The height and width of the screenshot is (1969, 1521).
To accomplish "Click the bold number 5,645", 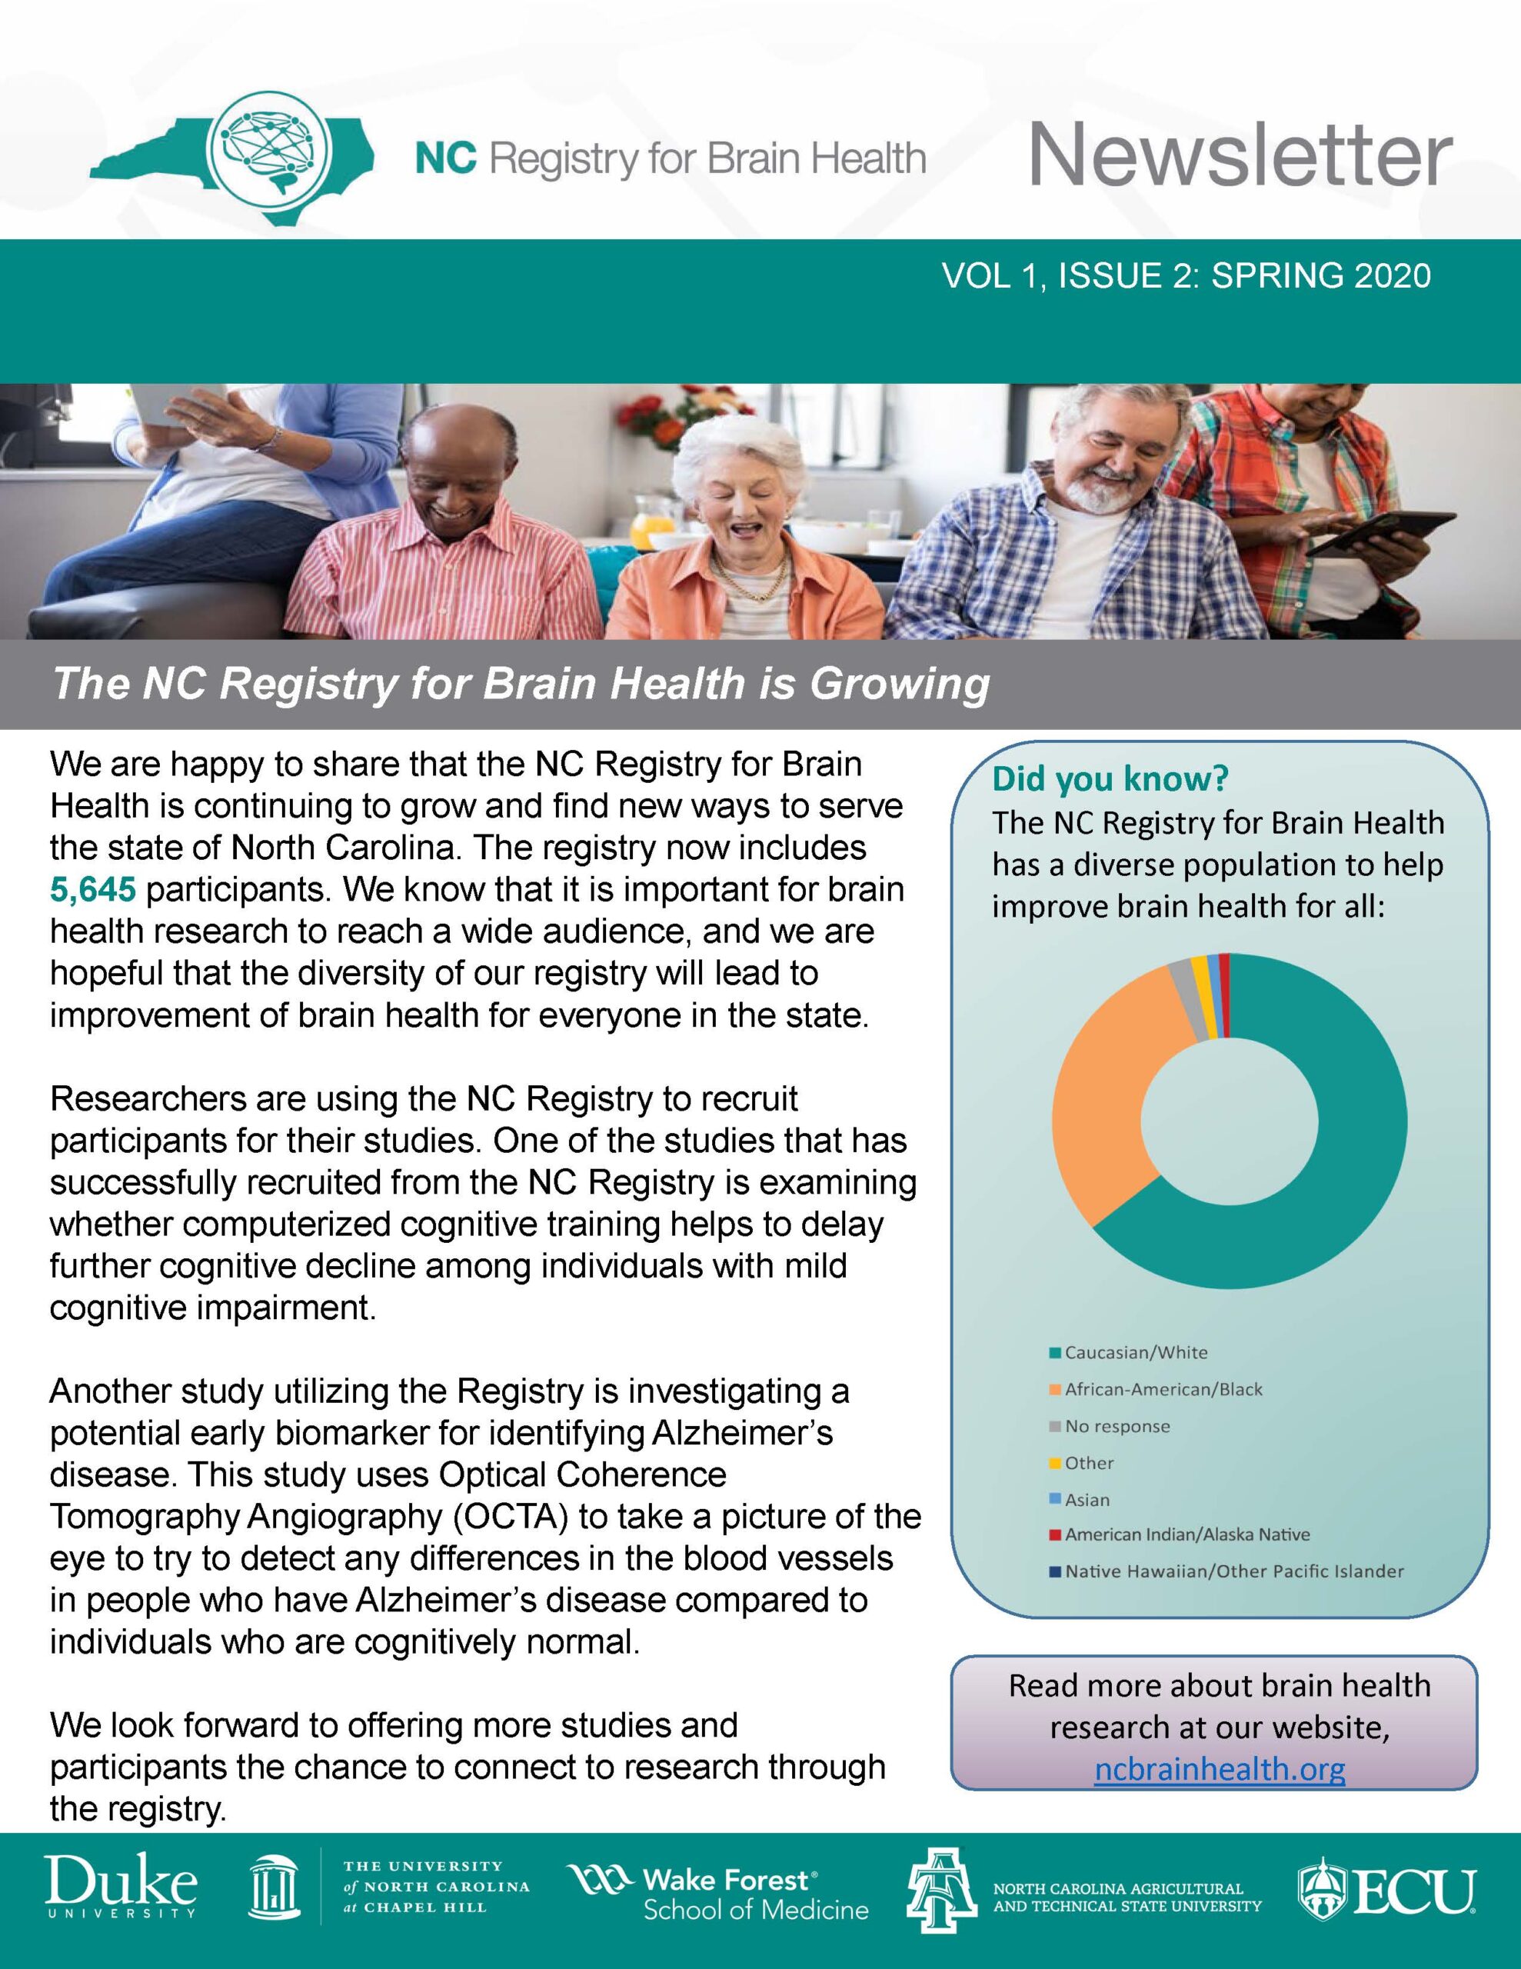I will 93,890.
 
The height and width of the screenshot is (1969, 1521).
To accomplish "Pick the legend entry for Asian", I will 1087,1499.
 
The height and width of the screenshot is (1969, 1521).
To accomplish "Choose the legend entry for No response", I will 1117,1426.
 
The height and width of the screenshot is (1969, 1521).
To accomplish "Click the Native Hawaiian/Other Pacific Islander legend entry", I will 1233,1571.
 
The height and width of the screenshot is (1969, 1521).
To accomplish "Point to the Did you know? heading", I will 1110,778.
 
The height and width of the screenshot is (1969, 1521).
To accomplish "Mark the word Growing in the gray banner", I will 899,683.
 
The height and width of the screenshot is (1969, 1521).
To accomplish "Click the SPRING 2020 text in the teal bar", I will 1321,276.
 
